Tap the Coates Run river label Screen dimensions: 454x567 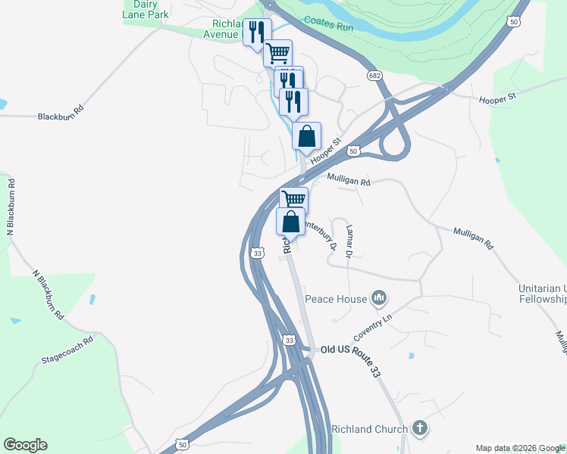coord(329,23)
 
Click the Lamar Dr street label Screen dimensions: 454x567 coord(349,241)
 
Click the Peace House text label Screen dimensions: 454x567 coord(336,299)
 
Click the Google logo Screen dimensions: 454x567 coord(25,445)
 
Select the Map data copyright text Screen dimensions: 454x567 coord(520,448)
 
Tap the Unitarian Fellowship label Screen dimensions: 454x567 coord(542,294)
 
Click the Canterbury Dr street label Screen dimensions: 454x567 coord(320,234)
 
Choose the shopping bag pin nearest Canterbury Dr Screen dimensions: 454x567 coord(290,221)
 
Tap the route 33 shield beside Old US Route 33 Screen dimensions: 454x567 coord(290,341)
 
